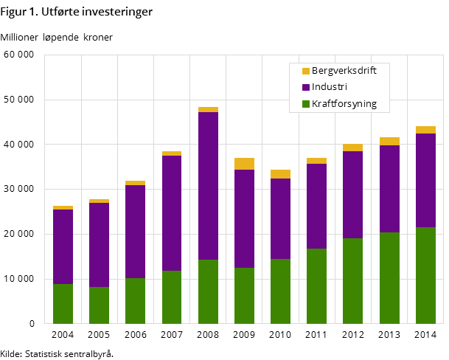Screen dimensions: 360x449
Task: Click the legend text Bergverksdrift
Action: (344, 71)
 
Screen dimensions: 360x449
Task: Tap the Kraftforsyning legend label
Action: (344, 104)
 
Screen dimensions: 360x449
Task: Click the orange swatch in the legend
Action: (306, 72)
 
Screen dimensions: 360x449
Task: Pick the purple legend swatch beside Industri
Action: (306, 88)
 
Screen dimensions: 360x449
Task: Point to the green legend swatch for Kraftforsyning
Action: (306, 104)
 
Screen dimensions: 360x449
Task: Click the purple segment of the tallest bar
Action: (208, 184)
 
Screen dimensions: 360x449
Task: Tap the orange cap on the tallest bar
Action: (208, 110)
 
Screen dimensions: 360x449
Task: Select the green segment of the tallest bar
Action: (208, 291)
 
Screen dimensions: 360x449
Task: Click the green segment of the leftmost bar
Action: (63, 303)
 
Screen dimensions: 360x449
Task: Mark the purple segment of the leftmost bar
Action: (63, 246)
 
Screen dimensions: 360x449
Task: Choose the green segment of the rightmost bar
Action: (425, 275)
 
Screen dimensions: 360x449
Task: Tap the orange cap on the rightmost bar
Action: (425, 130)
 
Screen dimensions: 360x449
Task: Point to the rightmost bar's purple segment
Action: (425, 180)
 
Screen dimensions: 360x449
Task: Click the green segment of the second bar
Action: (99, 305)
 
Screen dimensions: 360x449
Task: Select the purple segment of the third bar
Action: (135, 232)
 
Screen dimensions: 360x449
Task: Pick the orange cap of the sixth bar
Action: (244, 164)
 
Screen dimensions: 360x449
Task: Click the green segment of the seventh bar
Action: (280, 291)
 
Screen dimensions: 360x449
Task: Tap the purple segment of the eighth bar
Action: (316, 206)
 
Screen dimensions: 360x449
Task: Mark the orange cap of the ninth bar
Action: (352, 148)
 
